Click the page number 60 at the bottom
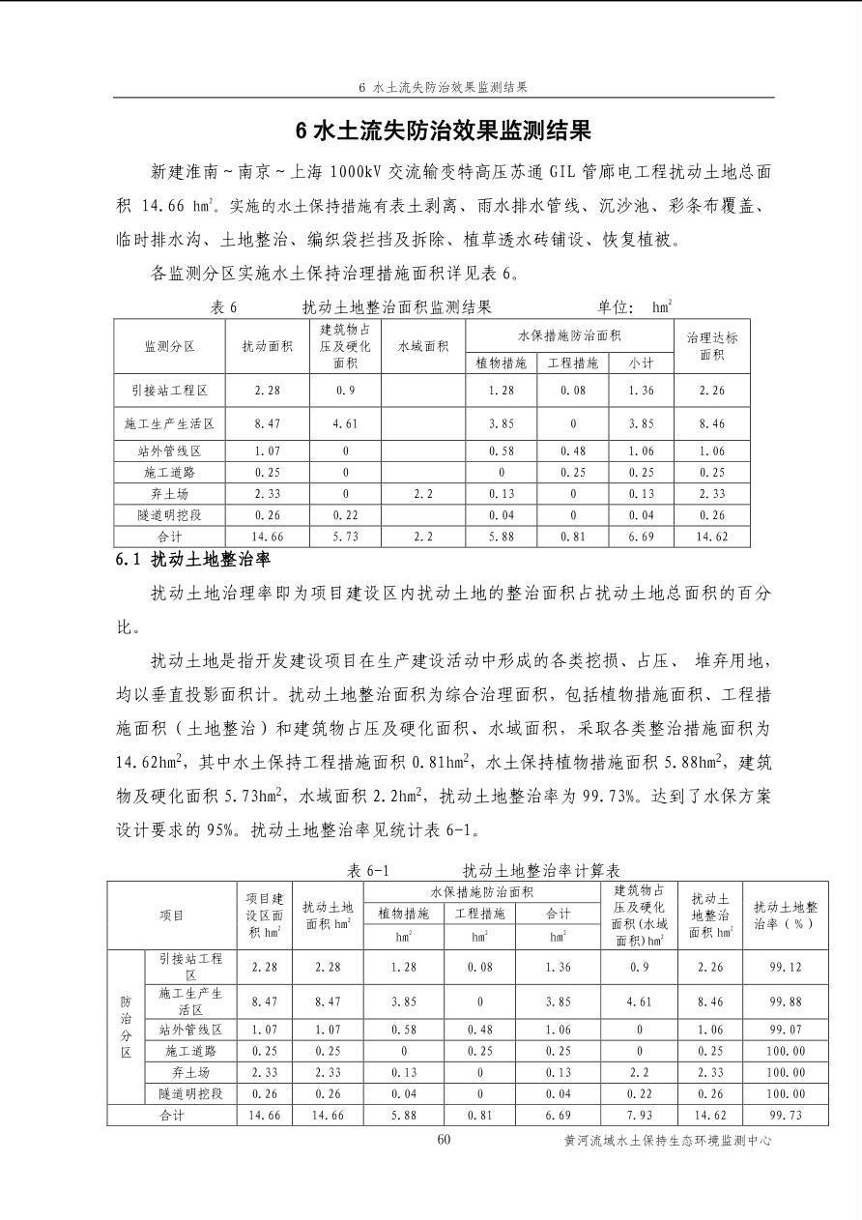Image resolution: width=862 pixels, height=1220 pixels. [x=444, y=1139]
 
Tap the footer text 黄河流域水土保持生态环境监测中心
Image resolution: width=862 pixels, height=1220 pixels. [x=668, y=1141]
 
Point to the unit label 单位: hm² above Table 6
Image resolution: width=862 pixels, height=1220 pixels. [x=634, y=307]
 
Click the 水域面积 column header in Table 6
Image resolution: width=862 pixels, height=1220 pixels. [x=422, y=346]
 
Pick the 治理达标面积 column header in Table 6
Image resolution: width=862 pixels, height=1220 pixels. [x=711, y=346]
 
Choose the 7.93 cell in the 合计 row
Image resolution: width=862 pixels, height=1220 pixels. [x=639, y=1116]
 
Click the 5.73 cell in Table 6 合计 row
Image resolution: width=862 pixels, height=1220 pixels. [x=345, y=537]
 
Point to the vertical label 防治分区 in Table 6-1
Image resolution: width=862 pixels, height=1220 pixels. [x=126, y=1026]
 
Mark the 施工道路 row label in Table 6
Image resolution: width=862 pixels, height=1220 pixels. [x=169, y=473]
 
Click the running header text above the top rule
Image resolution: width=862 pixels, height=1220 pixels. [x=443, y=87]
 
